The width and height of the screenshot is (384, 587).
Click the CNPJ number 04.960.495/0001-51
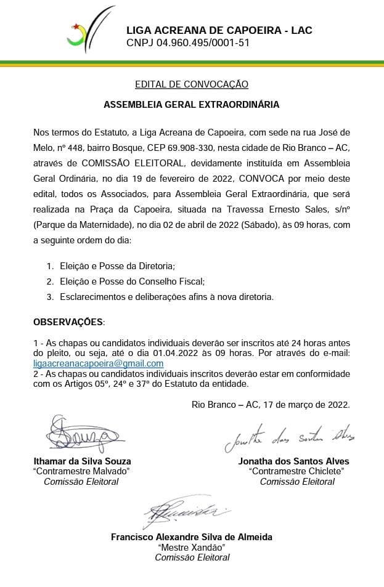pos(188,43)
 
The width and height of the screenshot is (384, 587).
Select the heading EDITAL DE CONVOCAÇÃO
pos(192,84)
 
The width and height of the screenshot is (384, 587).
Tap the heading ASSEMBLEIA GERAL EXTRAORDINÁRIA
pos(192,105)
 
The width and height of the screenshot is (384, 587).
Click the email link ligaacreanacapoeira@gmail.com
pos(98,363)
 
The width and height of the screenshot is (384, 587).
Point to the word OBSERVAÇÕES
pos(68,322)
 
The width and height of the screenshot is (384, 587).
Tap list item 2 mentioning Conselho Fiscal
pos(132,281)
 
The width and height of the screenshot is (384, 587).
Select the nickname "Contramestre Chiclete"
pos(296,471)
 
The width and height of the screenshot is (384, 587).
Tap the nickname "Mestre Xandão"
pos(192,547)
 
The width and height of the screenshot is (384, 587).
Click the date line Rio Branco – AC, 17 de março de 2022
pos(271,405)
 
